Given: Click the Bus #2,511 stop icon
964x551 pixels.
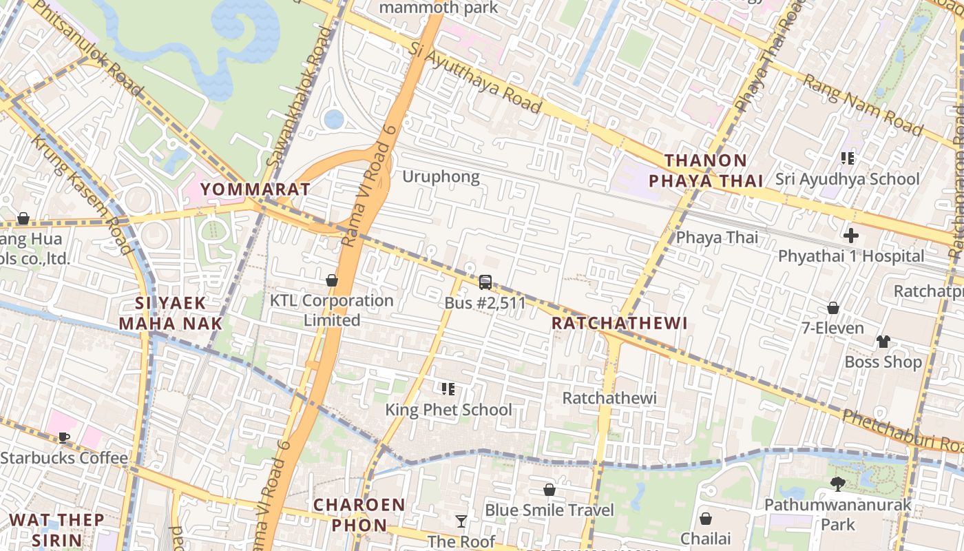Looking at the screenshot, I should click(485, 282).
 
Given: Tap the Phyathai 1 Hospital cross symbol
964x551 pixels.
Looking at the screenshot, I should click(851, 236).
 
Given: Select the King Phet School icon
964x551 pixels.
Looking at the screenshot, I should click(448, 389).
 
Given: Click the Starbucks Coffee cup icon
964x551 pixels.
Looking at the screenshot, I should click(64, 437).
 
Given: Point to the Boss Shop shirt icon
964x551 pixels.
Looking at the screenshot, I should click(883, 342).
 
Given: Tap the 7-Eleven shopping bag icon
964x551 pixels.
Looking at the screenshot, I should click(833, 308).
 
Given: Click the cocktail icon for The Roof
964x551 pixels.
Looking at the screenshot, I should click(461, 521).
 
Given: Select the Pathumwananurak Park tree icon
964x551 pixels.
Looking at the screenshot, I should click(838, 484).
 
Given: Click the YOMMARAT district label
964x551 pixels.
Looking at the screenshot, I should click(255, 189).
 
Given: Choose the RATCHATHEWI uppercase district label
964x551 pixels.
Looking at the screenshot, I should click(620, 324).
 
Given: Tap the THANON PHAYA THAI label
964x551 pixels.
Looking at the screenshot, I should click(706, 171).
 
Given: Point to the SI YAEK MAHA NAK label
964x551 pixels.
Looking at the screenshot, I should click(171, 313).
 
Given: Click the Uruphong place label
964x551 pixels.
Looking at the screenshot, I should click(441, 177).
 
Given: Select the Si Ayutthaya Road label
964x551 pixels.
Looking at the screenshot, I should click(475, 76).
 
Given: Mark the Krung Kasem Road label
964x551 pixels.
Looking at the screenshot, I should click(81, 195).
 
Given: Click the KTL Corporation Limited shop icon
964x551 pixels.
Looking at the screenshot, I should click(332, 280).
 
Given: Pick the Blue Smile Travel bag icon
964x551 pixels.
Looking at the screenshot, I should click(549, 490).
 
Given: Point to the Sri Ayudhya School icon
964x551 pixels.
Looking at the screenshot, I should click(848, 158).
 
